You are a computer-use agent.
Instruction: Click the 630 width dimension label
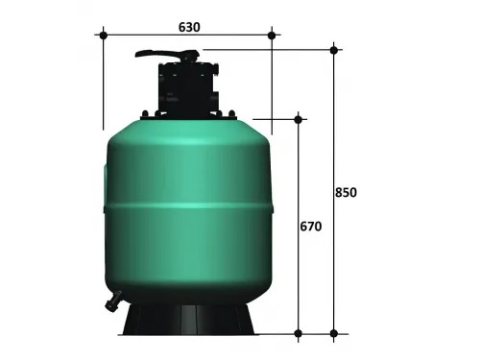(x=188, y=27)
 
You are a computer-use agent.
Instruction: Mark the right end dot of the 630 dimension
(x=272, y=36)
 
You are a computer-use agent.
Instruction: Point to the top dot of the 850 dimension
(x=333, y=49)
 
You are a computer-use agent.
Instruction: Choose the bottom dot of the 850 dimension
(x=333, y=334)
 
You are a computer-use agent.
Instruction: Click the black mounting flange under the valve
(x=186, y=116)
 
